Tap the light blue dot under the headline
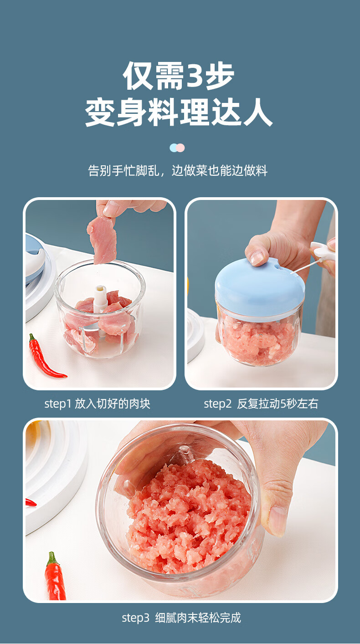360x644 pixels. tap(173, 148)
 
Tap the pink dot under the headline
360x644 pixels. tap(180, 148)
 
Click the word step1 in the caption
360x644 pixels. tap(57, 404)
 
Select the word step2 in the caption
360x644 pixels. tap(217, 404)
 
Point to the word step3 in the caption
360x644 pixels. tap(135, 618)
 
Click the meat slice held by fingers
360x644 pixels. tap(101, 240)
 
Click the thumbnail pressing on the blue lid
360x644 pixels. tap(257, 258)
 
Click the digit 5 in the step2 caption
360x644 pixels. tap(283, 404)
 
